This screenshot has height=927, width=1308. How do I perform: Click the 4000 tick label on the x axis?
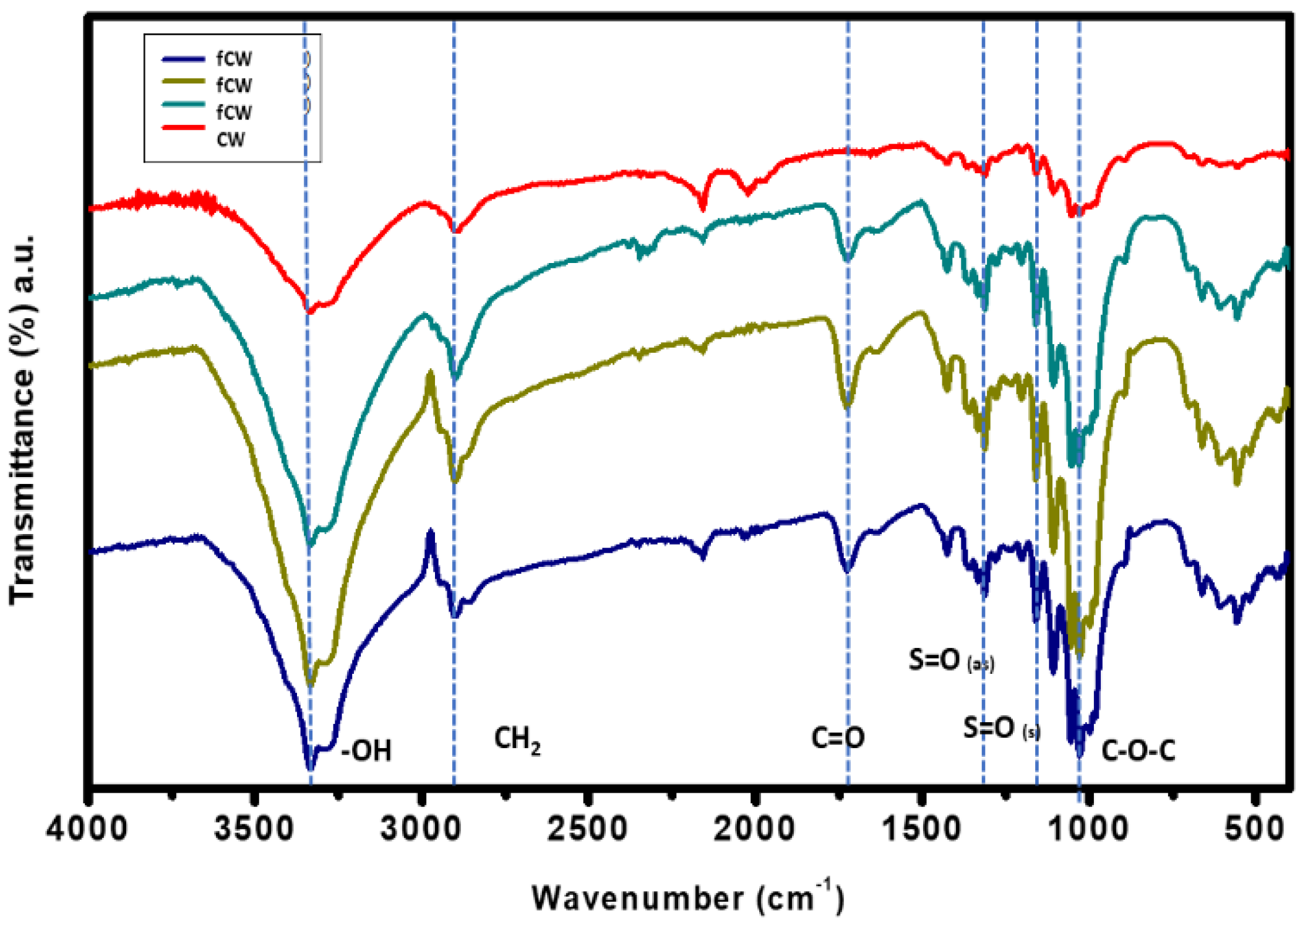tap(87, 829)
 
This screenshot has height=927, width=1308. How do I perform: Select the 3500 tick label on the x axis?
tap(254, 829)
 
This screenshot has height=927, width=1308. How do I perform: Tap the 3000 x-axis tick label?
tap(421, 829)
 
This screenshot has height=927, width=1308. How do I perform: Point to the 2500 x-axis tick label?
tap(588, 829)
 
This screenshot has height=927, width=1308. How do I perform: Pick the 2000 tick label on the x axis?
tap(754, 829)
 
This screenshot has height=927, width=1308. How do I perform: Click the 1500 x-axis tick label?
tap(921, 829)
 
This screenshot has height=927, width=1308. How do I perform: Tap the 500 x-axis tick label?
tap(1255, 829)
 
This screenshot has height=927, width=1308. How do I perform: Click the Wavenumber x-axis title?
tap(687, 897)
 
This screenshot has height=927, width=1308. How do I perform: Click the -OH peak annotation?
tap(367, 751)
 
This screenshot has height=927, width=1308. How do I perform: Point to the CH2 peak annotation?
tap(517, 740)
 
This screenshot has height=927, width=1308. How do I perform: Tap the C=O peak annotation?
tap(838, 738)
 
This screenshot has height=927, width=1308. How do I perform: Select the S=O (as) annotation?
tap(951, 661)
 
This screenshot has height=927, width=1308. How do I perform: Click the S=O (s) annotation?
tap(1002, 728)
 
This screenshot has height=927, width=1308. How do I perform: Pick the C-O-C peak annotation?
tap(1138, 751)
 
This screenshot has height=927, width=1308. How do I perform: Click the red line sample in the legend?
tap(183, 127)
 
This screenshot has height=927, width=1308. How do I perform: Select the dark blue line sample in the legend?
tap(183, 59)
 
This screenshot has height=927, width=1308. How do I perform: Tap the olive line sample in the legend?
tap(183, 81)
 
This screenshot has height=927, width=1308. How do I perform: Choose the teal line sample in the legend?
tap(183, 104)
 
